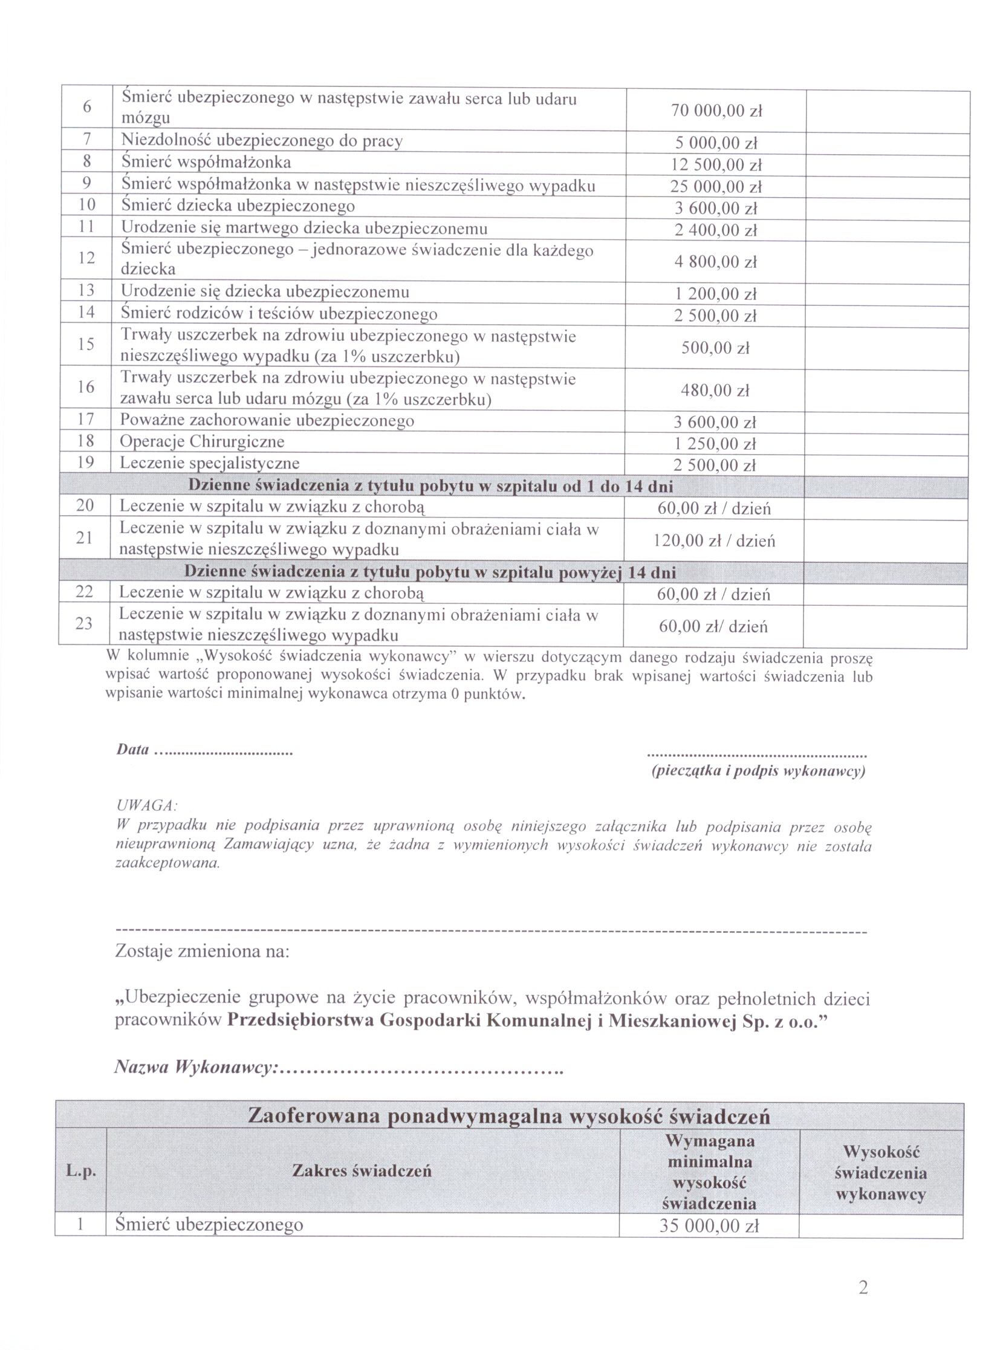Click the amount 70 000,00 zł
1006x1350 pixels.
(x=716, y=111)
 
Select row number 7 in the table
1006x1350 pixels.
(x=87, y=140)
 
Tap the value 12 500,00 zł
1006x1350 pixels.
(x=716, y=165)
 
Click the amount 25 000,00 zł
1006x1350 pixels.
(x=716, y=187)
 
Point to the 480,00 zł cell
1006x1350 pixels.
(x=715, y=391)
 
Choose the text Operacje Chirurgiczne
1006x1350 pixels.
(x=201, y=441)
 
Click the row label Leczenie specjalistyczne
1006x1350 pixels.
(x=209, y=462)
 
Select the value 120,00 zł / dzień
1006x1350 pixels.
(x=714, y=540)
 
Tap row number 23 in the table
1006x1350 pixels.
(x=84, y=623)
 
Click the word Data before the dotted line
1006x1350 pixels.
(x=133, y=750)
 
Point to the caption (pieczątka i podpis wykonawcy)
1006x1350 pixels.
(x=758, y=771)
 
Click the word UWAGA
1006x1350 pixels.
(x=146, y=806)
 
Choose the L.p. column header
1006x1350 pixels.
(x=81, y=1171)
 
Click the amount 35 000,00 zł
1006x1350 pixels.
(x=709, y=1226)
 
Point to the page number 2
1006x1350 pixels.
(x=863, y=1287)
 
